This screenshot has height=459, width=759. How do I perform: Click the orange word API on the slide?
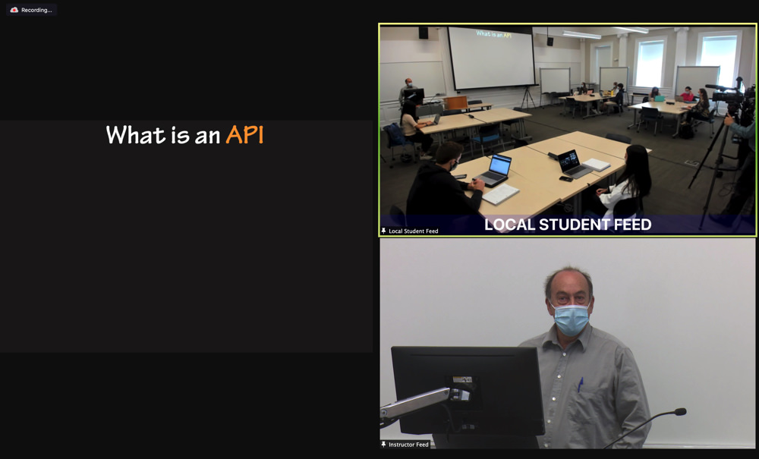pos(245,134)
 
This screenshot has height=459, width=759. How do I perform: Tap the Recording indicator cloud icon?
pos(14,10)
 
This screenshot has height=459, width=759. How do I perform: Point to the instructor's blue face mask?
pos(572,319)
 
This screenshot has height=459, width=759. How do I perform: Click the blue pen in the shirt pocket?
pos(581,385)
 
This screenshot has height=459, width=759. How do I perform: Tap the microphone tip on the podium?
pos(680,412)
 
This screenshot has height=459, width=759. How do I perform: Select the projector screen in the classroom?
pos(492,58)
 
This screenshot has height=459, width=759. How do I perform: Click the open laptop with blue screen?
pos(494,170)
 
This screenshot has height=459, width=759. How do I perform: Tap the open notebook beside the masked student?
pos(500,194)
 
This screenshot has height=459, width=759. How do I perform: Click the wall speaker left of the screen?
pos(423,33)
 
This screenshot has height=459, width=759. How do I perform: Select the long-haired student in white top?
pos(625,186)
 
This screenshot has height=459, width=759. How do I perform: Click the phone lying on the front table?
pos(566,179)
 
